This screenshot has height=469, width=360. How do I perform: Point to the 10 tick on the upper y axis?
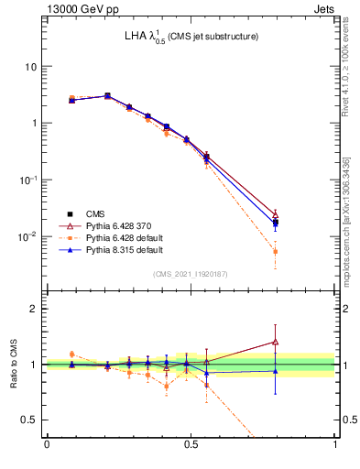[30, 67]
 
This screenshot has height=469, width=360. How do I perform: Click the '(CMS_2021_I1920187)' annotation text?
[191, 272]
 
